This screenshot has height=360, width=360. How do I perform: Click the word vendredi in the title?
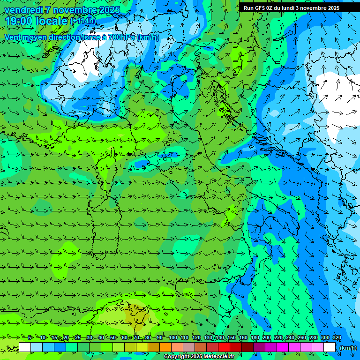click(x=23, y=10)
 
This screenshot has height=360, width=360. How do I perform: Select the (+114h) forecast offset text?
click(x=83, y=21)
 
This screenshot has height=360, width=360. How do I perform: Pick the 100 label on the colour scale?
click(x=173, y=338)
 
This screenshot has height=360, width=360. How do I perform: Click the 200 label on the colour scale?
click(x=267, y=338)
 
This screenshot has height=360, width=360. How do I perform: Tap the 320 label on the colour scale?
click(x=337, y=338)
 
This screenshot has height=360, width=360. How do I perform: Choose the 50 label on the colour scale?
click(x=113, y=338)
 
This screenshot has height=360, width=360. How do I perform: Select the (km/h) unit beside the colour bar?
click(x=347, y=347)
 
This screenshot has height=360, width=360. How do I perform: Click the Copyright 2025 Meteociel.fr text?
click(x=199, y=357)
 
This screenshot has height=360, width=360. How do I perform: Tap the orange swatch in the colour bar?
click(x=165, y=347)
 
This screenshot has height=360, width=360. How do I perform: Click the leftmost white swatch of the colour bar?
click(x=25, y=347)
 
